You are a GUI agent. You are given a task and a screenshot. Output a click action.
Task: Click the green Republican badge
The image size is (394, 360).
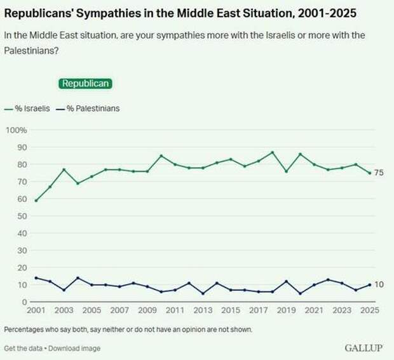[85, 84]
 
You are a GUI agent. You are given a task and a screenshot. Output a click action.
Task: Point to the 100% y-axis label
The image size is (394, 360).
[16, 130]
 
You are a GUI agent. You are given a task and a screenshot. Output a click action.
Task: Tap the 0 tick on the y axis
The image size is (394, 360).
[24, 302]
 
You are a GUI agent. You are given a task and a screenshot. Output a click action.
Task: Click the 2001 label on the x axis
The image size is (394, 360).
[36, 312]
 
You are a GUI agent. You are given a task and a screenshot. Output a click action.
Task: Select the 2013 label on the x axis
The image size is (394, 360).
[202, 312]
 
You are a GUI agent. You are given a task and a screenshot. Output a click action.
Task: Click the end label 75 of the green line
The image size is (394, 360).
[379, 173]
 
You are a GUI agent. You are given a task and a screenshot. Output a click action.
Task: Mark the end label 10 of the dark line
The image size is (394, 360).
[379, 285]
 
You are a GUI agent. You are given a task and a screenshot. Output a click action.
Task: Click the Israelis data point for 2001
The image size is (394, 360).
[36, 201]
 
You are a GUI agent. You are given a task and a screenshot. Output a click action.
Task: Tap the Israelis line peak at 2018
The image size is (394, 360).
[272, 152]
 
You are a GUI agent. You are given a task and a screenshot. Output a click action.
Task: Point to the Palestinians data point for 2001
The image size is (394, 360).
[36, 277]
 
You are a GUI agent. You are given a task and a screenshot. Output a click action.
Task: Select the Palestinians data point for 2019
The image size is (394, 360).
[286, 281]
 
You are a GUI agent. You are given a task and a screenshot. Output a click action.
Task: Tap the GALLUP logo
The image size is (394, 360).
[364, 348]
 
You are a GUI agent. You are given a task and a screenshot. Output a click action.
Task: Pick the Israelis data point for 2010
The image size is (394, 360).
[161, 156]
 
